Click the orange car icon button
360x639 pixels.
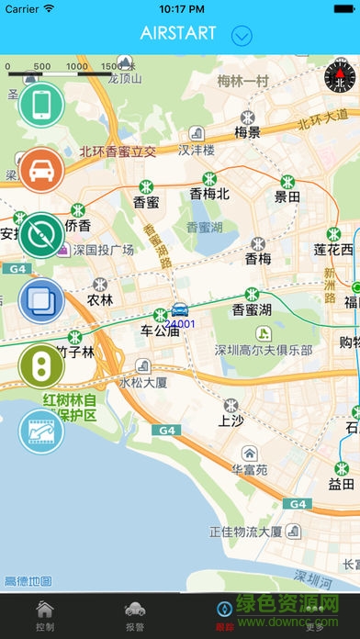(x=41, y=170)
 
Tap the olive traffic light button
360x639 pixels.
(x=41, y=364)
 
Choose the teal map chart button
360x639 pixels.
(x=41, y=430)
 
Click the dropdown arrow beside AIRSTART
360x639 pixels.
(x=242, y=36)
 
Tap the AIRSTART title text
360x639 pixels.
(x=178, y=34)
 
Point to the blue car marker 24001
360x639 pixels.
(x=180, y=310)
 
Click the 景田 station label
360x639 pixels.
(x=287, y=196)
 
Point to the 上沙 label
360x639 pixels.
(x=231, y=420)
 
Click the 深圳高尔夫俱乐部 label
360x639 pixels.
(x=264, y=350)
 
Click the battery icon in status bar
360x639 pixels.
(x=340, y=8)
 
